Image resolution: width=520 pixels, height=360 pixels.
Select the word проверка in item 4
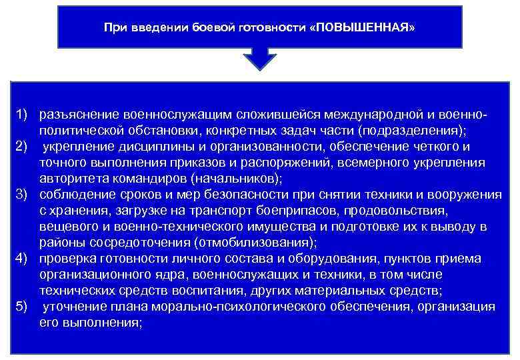68,259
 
